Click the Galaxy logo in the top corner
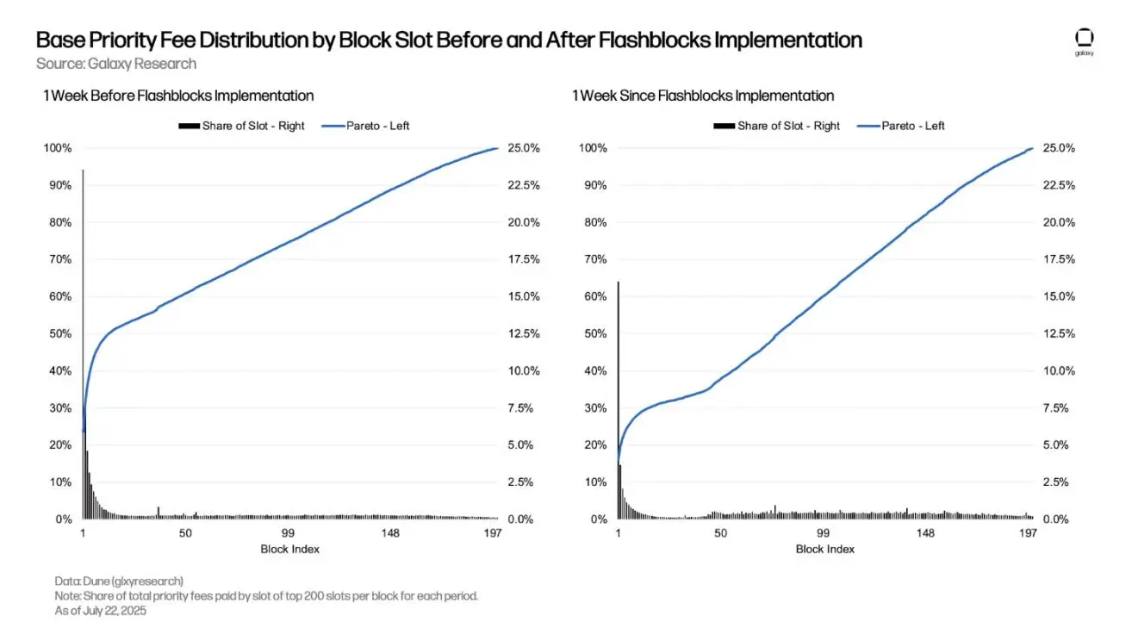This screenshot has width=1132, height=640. coord(1084,40)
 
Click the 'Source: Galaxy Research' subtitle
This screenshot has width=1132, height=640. coord(116,64)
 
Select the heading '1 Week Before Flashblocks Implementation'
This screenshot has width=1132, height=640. coord(178,96)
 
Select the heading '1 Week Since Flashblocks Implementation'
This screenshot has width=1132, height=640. coord(703,96)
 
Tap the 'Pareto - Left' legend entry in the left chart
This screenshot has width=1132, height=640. coord(366,126)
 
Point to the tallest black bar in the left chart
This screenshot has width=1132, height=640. coord(83,345)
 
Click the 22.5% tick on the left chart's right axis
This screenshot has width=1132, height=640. coord(522,185)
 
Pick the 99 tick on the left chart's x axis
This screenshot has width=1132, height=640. coord(289,534)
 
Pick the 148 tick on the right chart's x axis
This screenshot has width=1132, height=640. coord(925,534)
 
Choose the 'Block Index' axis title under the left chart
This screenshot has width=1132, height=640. coord(289,550)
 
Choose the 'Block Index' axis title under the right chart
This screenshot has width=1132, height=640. coord(824,550)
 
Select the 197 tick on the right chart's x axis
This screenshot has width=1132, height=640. coord(1028,534)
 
